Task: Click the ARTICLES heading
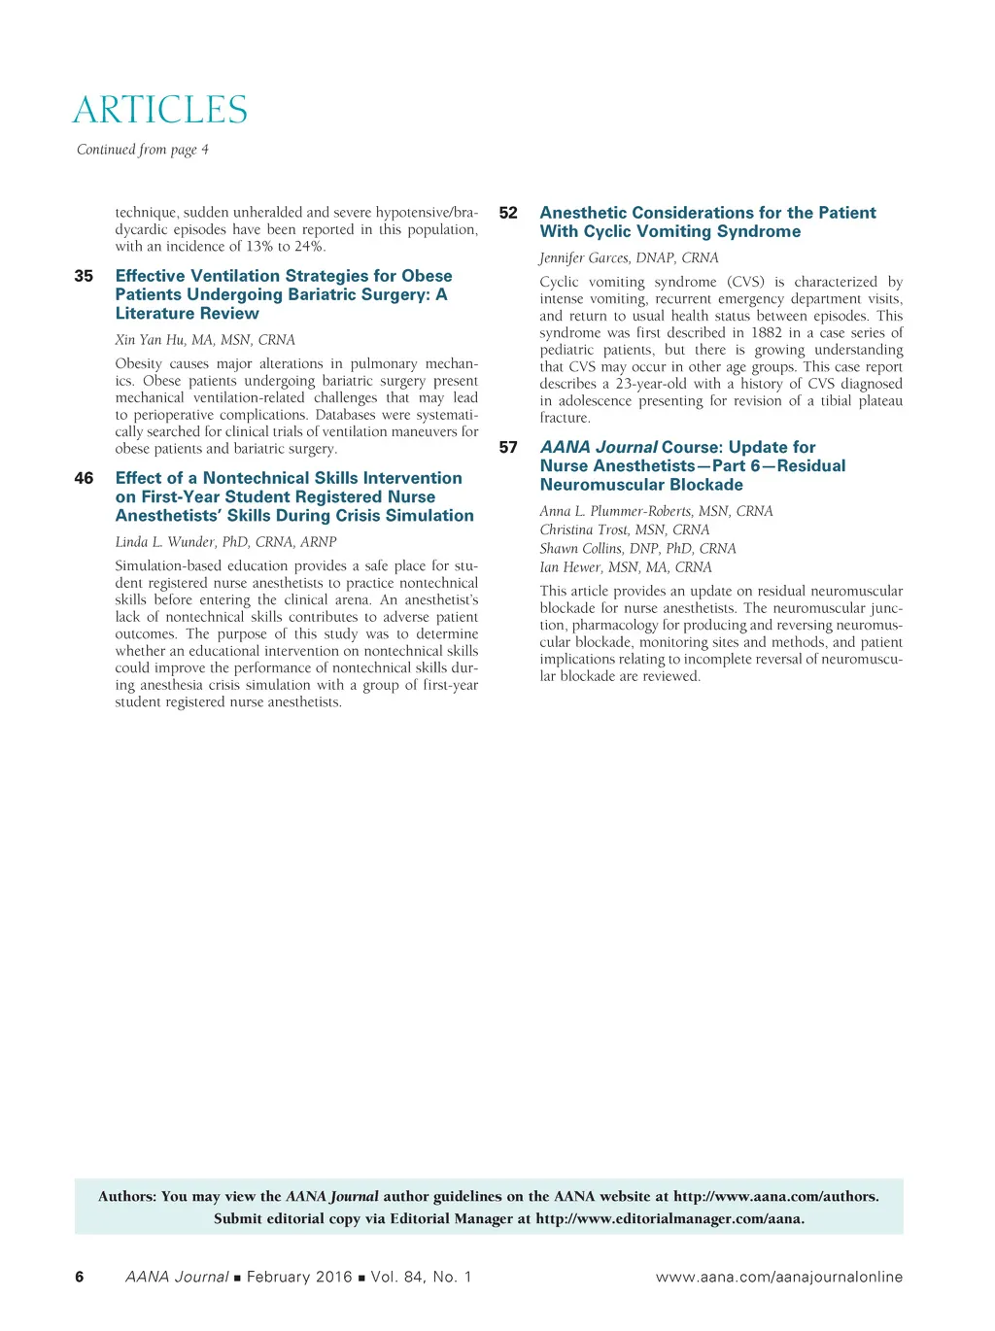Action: [x=160, y=110]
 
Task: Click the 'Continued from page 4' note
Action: [x=143, y=150]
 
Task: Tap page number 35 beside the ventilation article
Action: [x=84, y=276]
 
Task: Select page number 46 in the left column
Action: [x=84, y=478]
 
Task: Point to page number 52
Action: [x=508, y=213]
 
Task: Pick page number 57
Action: [x=508, y=448]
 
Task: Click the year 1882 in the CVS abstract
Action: [x=767, y=333]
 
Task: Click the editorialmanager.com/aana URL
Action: [x=669, y=1218]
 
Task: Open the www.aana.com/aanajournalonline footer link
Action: [x=778, y=1277]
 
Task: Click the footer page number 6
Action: [x=80, y=1277]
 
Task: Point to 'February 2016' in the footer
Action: [x=299, y=1277]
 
